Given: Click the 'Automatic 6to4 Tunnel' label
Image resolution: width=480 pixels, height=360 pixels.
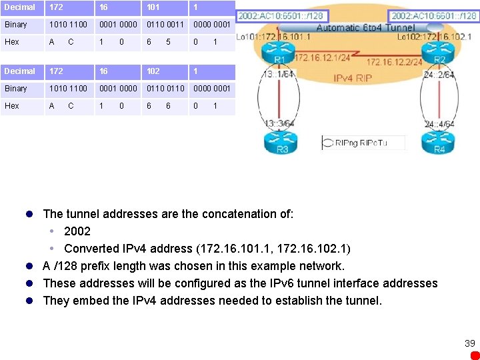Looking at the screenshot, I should pos(365,28).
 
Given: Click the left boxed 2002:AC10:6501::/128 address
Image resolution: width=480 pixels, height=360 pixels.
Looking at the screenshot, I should pos(281,15).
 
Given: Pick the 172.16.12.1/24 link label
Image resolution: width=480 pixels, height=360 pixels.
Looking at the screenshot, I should pos(322,57).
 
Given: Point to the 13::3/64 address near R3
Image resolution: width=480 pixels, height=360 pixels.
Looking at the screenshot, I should pos(280,123).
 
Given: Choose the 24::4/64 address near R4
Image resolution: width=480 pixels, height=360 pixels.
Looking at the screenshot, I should pos(439,123).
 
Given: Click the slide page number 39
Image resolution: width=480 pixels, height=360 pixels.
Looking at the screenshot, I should pos(470,343).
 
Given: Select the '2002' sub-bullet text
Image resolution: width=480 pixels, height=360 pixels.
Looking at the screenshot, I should pos(77,231).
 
